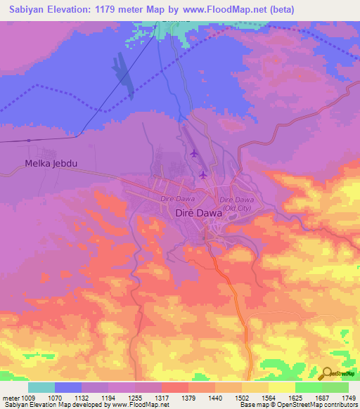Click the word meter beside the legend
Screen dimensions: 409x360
coord(11,397)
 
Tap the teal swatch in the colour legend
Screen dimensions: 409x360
coord(41,387)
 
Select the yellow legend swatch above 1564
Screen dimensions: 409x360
coord(255,387)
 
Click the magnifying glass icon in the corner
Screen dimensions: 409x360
coord(327,373)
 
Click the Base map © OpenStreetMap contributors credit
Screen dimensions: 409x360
coord(298,405)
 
